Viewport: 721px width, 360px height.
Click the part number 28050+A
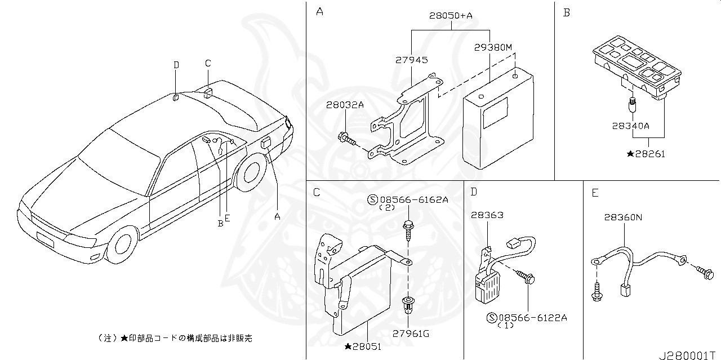[451, 16]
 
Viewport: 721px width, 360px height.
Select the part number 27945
[411, 60]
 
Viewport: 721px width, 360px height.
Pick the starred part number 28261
[646, 154]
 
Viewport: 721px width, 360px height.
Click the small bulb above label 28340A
[631, 104]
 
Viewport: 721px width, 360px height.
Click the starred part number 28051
[363, 346]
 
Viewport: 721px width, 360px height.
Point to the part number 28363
[487, 215]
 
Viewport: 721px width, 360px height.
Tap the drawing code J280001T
[689, 355]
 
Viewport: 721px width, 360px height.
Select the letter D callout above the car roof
[176, 65]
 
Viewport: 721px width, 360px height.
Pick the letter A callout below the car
[277, 216]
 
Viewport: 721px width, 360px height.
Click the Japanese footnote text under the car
[175, 338]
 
